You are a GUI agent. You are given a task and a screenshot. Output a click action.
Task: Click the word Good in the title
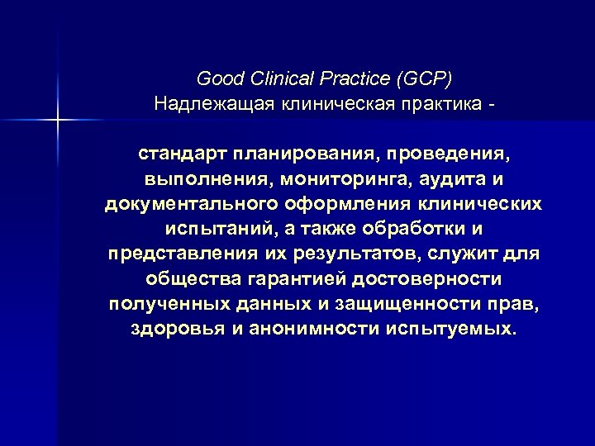point(217,80)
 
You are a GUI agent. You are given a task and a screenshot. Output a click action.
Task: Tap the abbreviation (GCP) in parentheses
point(425,80)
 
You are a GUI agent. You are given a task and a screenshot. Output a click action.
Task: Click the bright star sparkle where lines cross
point(59,121)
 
